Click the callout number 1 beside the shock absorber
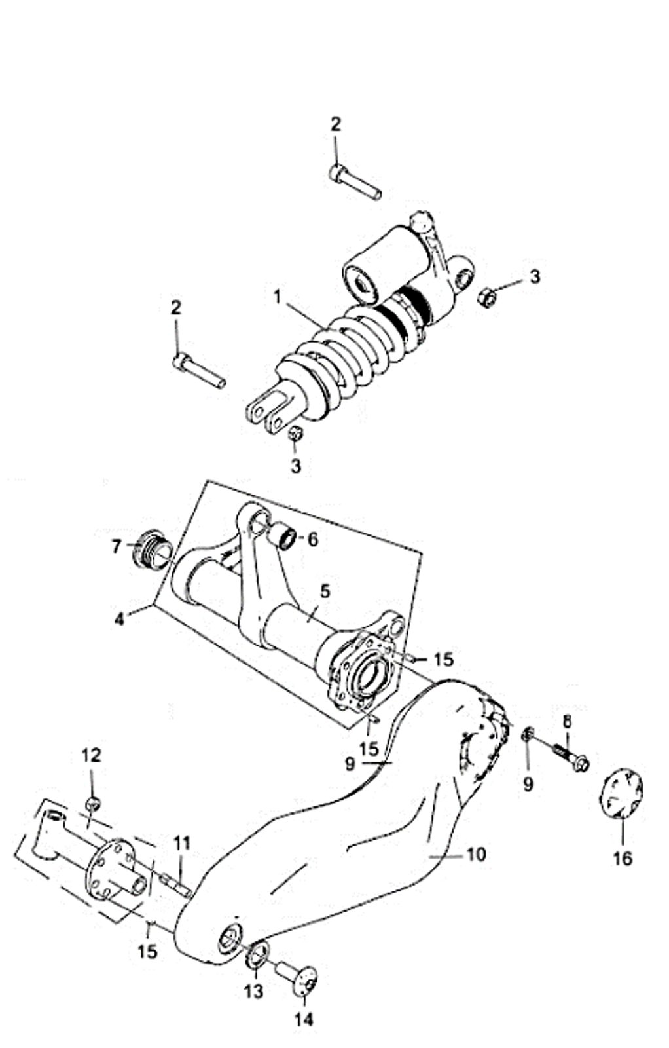[277, 297]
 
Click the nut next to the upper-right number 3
[485, 297]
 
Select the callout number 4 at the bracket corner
[119, 618]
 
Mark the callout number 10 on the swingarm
[477, 854]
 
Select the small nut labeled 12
[93, 803]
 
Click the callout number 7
[117, 545]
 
